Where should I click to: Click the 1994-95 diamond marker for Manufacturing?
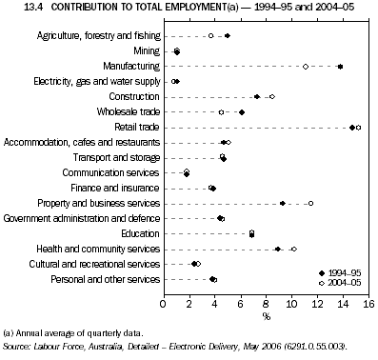click(340, 67)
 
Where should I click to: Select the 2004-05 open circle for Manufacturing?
click(305, 67)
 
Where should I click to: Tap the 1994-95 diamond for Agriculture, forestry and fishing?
click(227, 36)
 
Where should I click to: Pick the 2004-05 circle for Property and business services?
click(310, 203)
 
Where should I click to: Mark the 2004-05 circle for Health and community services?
click(294, 249)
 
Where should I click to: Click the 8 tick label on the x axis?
click(266, 304)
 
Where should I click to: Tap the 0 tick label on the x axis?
click(164, 304)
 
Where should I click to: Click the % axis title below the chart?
click(266, 316)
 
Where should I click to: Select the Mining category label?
click(145, 50)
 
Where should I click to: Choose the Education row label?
click(138, 233)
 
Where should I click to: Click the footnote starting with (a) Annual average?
click(74, 332)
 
